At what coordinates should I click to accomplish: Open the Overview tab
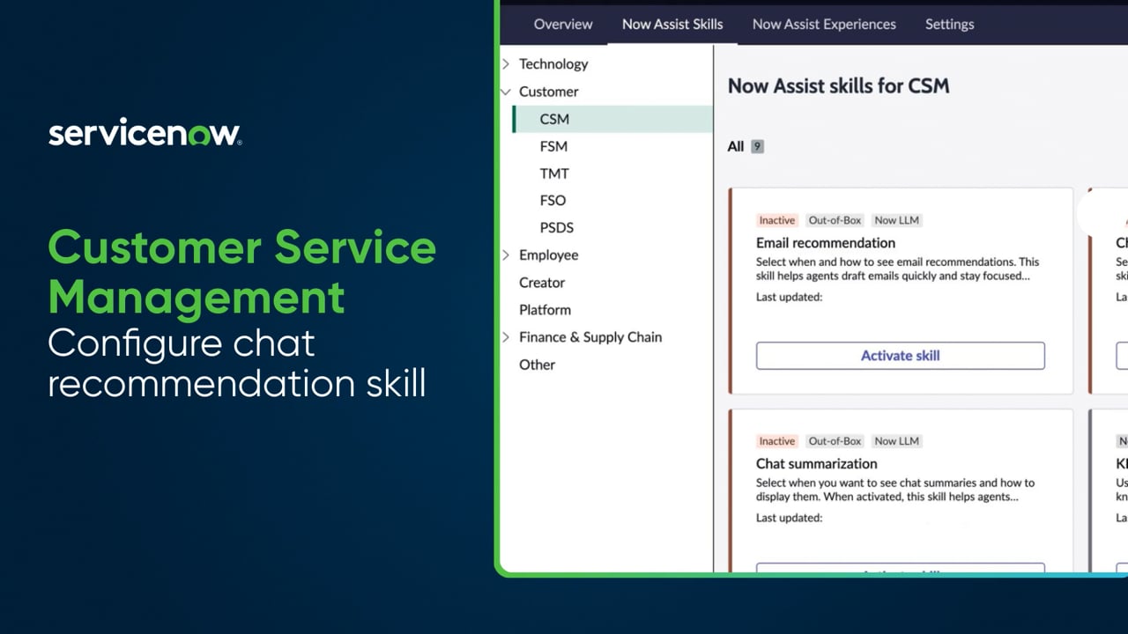[x=563, y=24]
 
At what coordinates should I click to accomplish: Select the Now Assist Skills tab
[x=672, y=24]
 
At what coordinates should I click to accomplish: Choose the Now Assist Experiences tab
[x=824, y=24]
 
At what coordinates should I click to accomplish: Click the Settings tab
[x=949, y=24]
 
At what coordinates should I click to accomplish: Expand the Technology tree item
[x=506, y=63]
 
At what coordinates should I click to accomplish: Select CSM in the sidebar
[x=554, y=119]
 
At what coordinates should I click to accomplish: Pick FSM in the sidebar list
[x=553, y=146]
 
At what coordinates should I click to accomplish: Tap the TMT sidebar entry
[x=554, y=173]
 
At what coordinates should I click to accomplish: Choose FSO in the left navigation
[x=553, y=200]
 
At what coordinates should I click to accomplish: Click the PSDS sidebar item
[x=556, y=227]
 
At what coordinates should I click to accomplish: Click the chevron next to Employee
[x=506, y=254]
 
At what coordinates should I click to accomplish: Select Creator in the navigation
[x=542, y=283]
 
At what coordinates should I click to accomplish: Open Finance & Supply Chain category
[x=590, y=337]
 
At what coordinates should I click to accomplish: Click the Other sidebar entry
[x=537, y=365]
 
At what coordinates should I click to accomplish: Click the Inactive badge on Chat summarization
[x=776, y=441]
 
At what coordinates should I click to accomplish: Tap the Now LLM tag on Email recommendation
[x=896, y=220]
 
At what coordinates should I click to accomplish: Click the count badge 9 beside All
[x=757, y=147]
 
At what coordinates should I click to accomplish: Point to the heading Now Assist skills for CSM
[x=838, y=86]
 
